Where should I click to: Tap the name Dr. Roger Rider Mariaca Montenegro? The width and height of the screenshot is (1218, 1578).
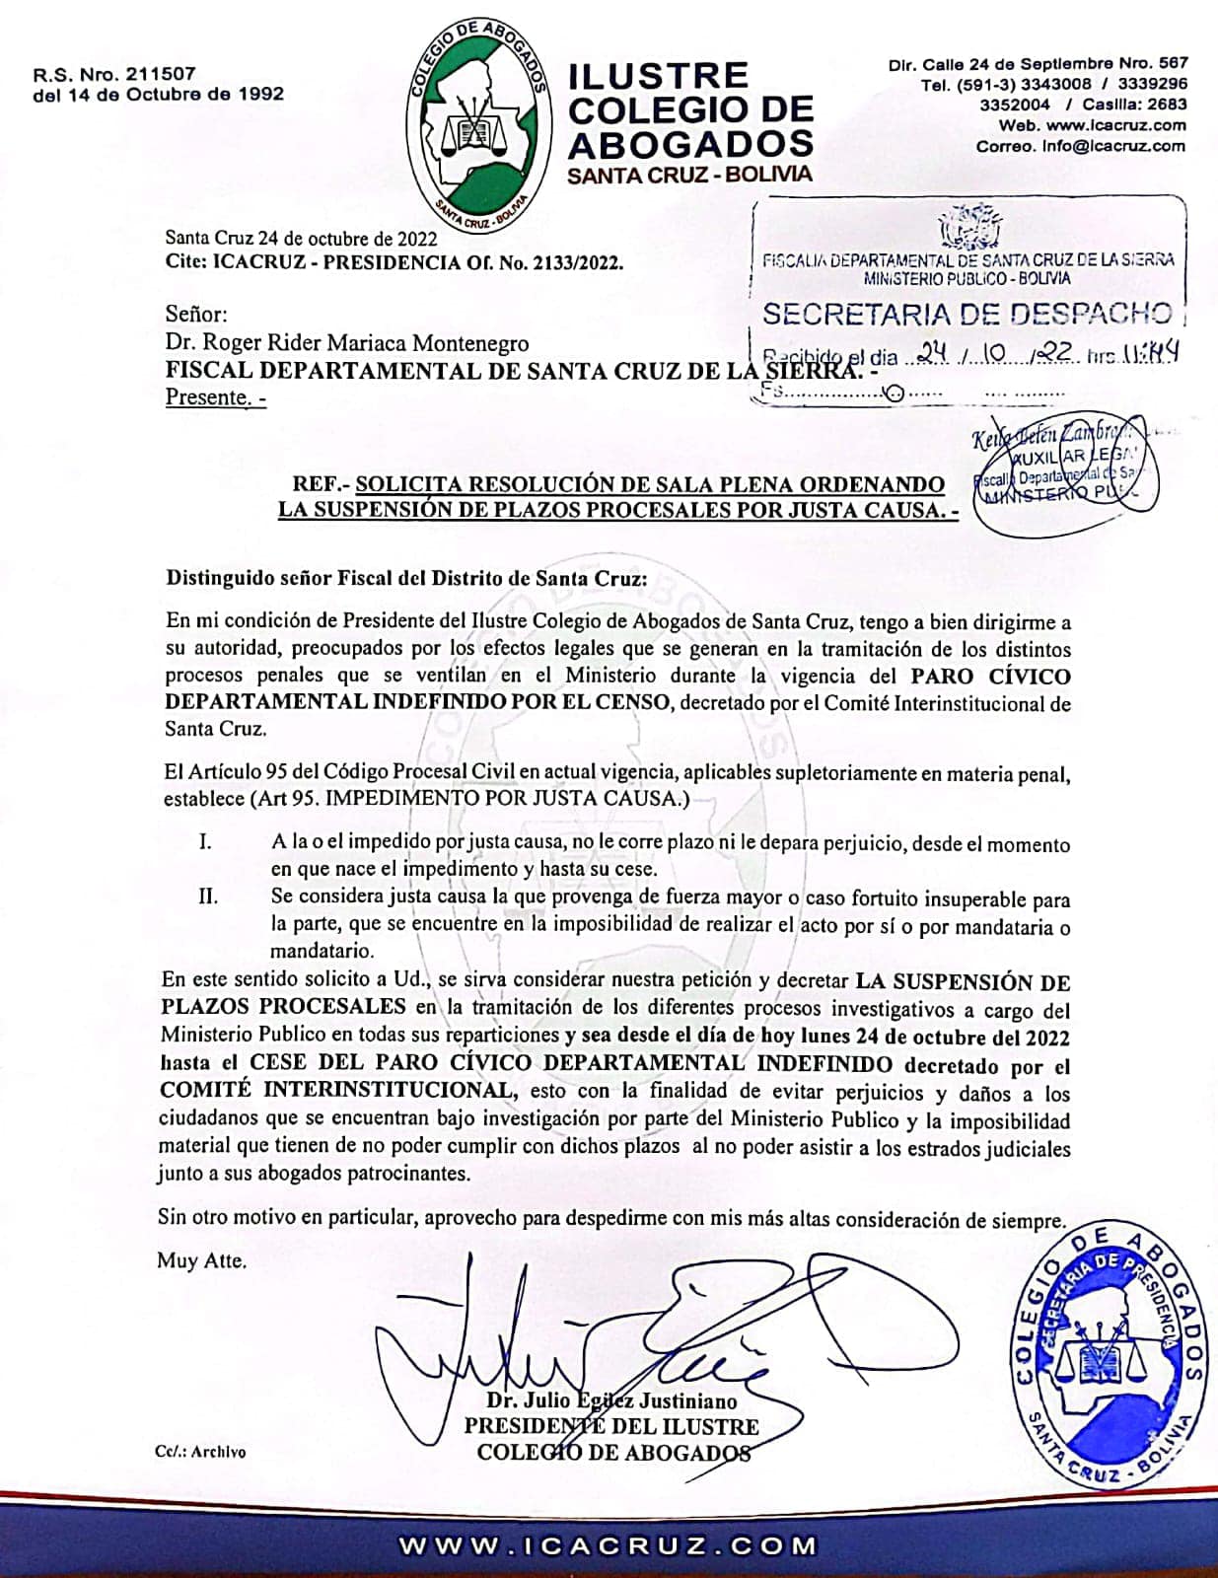tap(346, 343)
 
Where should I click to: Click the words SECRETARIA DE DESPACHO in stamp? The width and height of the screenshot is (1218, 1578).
tap(967, 315)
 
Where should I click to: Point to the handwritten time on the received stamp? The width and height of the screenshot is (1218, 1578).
tap(1147, 353)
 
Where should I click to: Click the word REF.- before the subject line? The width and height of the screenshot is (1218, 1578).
tap(321, 485)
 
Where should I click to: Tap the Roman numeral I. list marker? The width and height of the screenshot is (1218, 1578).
tap(205, 843)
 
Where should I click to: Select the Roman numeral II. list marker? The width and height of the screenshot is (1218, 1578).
tap(208, 898)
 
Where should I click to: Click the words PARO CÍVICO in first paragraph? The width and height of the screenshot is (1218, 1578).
tap(989, 677)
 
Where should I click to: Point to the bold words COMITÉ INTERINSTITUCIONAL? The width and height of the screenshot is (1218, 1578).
tap(337, 1091)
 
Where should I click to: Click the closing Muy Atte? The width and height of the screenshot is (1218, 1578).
tap(201, 1260)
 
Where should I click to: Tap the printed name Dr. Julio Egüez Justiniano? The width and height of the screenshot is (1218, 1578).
tap(611, 1400)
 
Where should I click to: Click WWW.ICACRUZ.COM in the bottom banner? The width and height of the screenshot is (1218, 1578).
tap(608, 1545)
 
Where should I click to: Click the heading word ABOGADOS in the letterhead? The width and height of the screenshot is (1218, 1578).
tap(690, 144)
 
